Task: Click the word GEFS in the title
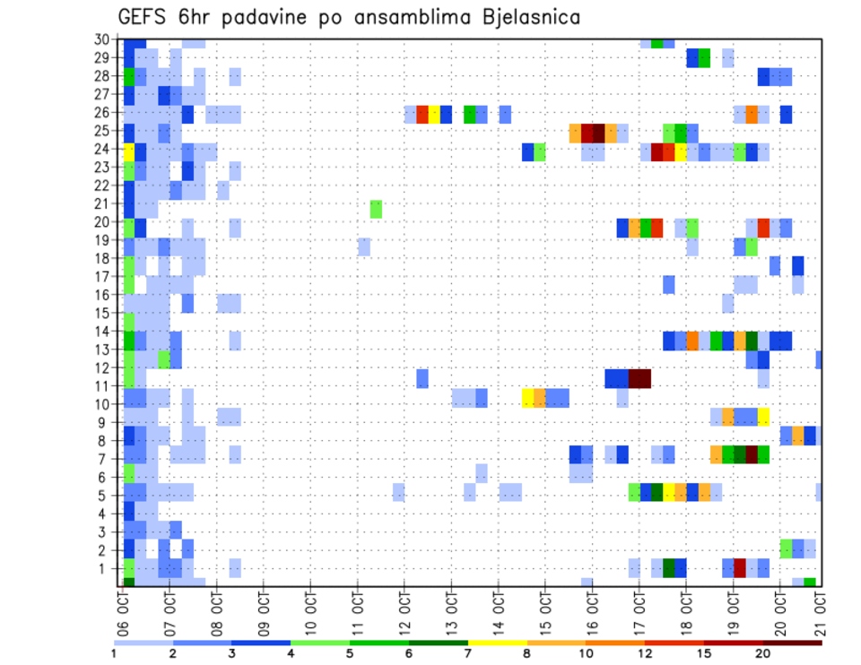(148, 17)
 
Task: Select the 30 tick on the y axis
(101, 39)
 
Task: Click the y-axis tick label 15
(101, 313)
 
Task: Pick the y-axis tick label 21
(101, 203)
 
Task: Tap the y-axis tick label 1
(104, 568)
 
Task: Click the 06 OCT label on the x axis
(122, 609)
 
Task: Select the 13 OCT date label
(451, 609)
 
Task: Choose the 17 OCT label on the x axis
(639, 609)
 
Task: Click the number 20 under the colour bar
(763, 653)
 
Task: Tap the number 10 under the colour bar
(587, 653)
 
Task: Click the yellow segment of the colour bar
(498, 642)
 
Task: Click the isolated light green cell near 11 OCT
(376, 209)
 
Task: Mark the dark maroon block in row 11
(639, 377)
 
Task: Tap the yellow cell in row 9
(763, 416)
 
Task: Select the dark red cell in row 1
(740, 568)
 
